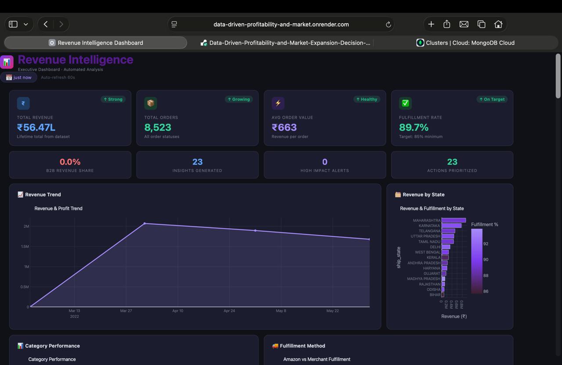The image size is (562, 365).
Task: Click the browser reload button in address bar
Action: coord(388,24)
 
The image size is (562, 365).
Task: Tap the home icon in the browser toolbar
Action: coord(498,24)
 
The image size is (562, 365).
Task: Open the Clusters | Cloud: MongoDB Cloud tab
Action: coord(465,43)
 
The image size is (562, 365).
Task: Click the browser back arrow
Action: coord(46,24)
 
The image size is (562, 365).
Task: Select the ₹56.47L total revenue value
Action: coord(36,127)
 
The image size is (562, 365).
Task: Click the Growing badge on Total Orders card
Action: coord(239,99)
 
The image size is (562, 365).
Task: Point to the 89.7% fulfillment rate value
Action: coord(414,127)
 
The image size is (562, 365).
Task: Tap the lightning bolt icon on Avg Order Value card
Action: coord(278,103)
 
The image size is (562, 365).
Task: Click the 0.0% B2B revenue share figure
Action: coord(70,162)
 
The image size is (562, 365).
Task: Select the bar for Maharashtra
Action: coord(454,220)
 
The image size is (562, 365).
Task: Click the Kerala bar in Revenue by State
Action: coord(445,258)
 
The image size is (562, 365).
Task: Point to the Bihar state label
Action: coord(435,295)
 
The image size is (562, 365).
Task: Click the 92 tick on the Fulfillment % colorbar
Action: coord(486,243)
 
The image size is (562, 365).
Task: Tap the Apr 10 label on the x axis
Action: coord(178,311)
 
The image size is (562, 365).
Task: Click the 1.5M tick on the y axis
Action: coord(25,247)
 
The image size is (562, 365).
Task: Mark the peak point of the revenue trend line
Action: coord(144,223)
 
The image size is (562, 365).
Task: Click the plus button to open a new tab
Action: coord(431,24)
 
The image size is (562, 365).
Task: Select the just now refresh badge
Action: coord(19,78)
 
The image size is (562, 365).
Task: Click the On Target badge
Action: coord(492,99)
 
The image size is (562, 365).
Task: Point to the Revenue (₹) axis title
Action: coord(454,316)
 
